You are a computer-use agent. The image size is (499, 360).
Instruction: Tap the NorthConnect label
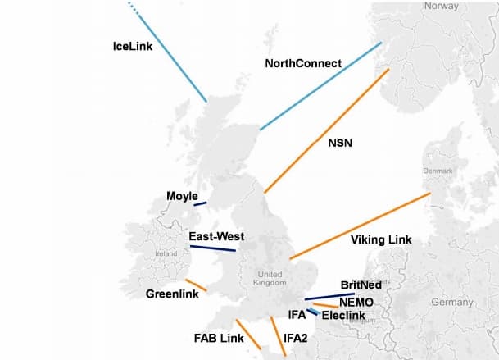(x=304, y=63)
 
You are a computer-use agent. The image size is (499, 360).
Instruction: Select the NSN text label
(x=340, y=143)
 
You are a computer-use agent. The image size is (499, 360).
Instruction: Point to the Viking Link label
(x=380, y=239)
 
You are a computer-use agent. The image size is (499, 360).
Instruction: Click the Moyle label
(x=182, y=196)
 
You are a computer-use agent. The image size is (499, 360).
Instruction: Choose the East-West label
(x=216, y=237)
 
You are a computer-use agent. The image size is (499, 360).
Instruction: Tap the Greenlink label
(x=170, y=294)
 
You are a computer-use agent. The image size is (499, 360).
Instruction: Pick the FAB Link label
(x=218, y=337)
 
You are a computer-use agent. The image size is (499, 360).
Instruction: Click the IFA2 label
(x=297, y=337)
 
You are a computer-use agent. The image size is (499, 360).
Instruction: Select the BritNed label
(x=361, y=285)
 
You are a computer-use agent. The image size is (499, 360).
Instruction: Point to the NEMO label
(x=356, y=301)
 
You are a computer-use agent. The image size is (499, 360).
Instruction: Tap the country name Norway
(x=441, y=6)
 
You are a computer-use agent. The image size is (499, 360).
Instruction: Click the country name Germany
(x=452, y=302)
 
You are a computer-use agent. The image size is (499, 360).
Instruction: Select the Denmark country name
(x=437, y=171)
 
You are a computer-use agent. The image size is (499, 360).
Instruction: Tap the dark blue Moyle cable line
(x=200, y=203)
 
